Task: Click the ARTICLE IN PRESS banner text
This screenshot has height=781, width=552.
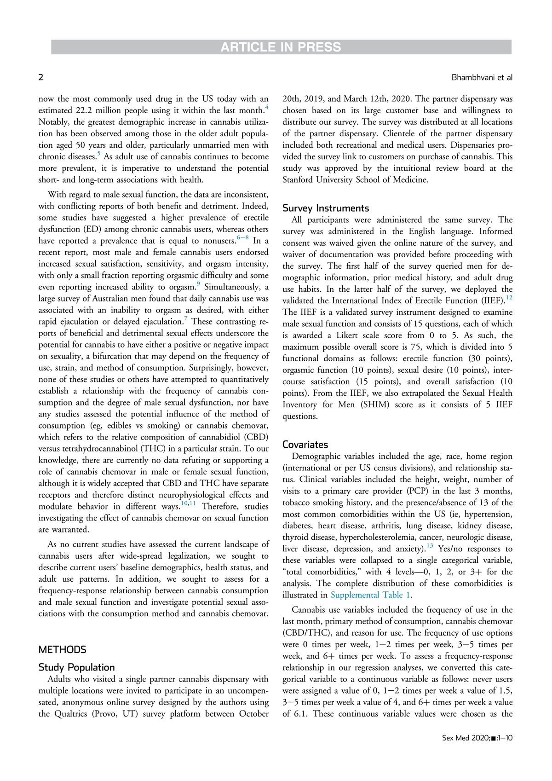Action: [281, 47]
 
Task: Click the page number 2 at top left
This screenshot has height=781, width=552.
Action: [41, 77]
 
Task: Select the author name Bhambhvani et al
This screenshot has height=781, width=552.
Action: [482, 77]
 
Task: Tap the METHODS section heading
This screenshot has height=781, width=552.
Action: [63, 649]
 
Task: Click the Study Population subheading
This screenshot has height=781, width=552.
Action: [77, 667]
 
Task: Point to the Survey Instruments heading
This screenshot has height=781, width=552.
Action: [326, 208]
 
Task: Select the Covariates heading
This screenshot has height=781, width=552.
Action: [305, 445]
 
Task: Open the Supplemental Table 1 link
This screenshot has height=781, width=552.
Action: [370, 595]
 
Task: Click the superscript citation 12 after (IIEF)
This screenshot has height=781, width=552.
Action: [509, 298]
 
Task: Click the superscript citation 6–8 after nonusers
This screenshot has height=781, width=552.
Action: [242, 237]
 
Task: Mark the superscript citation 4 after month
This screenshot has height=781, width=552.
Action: [267, 108]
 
